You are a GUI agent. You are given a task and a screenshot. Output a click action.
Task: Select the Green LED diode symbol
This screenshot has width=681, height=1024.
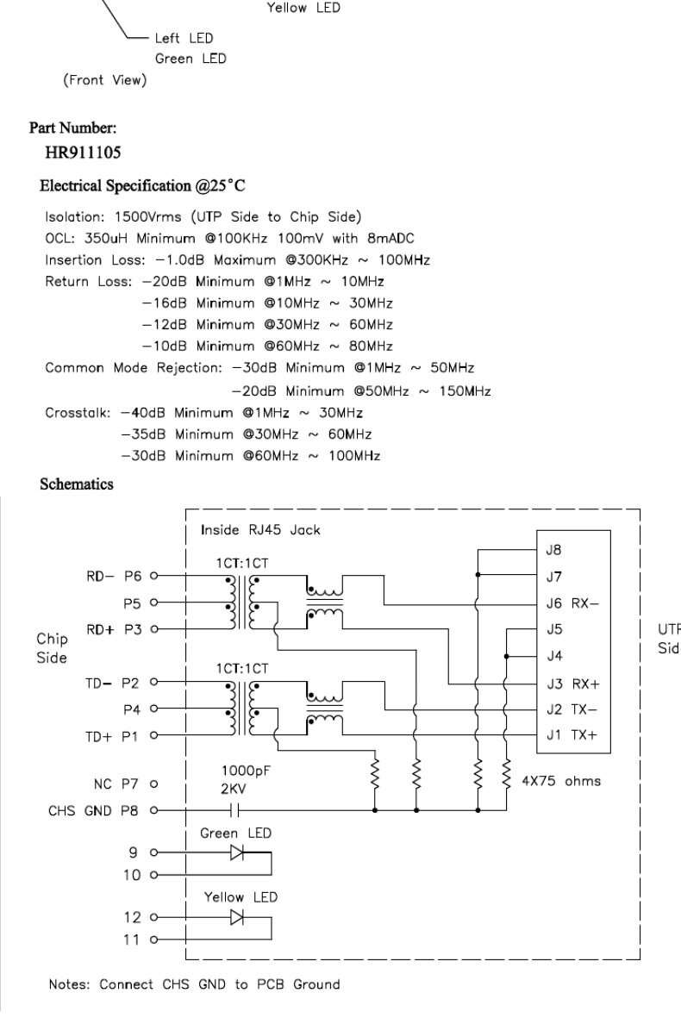235,852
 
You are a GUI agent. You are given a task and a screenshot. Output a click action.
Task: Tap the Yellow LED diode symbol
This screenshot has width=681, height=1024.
235,916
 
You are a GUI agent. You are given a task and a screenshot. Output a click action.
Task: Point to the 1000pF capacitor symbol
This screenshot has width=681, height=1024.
235,810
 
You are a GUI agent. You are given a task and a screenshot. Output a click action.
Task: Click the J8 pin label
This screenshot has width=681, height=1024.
554,549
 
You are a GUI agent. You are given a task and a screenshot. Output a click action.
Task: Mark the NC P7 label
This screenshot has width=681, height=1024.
116,784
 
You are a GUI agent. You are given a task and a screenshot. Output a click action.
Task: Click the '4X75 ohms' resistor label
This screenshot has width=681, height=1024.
562,782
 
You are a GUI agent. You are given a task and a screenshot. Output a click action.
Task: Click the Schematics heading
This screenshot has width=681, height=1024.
77,484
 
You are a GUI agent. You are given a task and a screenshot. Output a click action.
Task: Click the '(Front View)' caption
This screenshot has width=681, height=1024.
104,81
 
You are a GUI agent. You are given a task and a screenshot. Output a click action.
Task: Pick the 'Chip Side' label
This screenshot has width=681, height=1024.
53,647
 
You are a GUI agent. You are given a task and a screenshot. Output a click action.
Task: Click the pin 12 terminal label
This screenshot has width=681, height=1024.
131,917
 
